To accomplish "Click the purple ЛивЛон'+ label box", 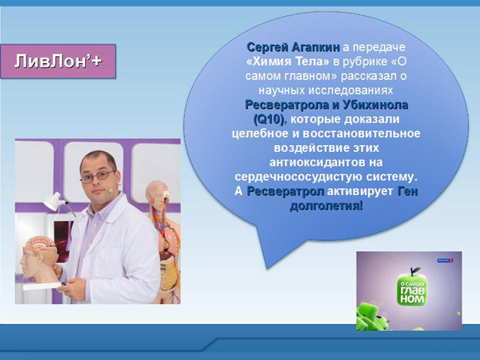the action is (58, 61).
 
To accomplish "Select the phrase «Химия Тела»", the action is (287, 61).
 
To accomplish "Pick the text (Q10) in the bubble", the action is (270, 119).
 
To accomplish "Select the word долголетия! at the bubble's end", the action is (326, 206).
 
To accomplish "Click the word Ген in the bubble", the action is (408, 191).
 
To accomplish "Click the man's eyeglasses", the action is (98, 177).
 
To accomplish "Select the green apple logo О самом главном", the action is (412, 288).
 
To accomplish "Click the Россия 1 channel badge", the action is (445, 260).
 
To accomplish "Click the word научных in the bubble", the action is (282, 91).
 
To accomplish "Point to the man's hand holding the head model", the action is (59, 271).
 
